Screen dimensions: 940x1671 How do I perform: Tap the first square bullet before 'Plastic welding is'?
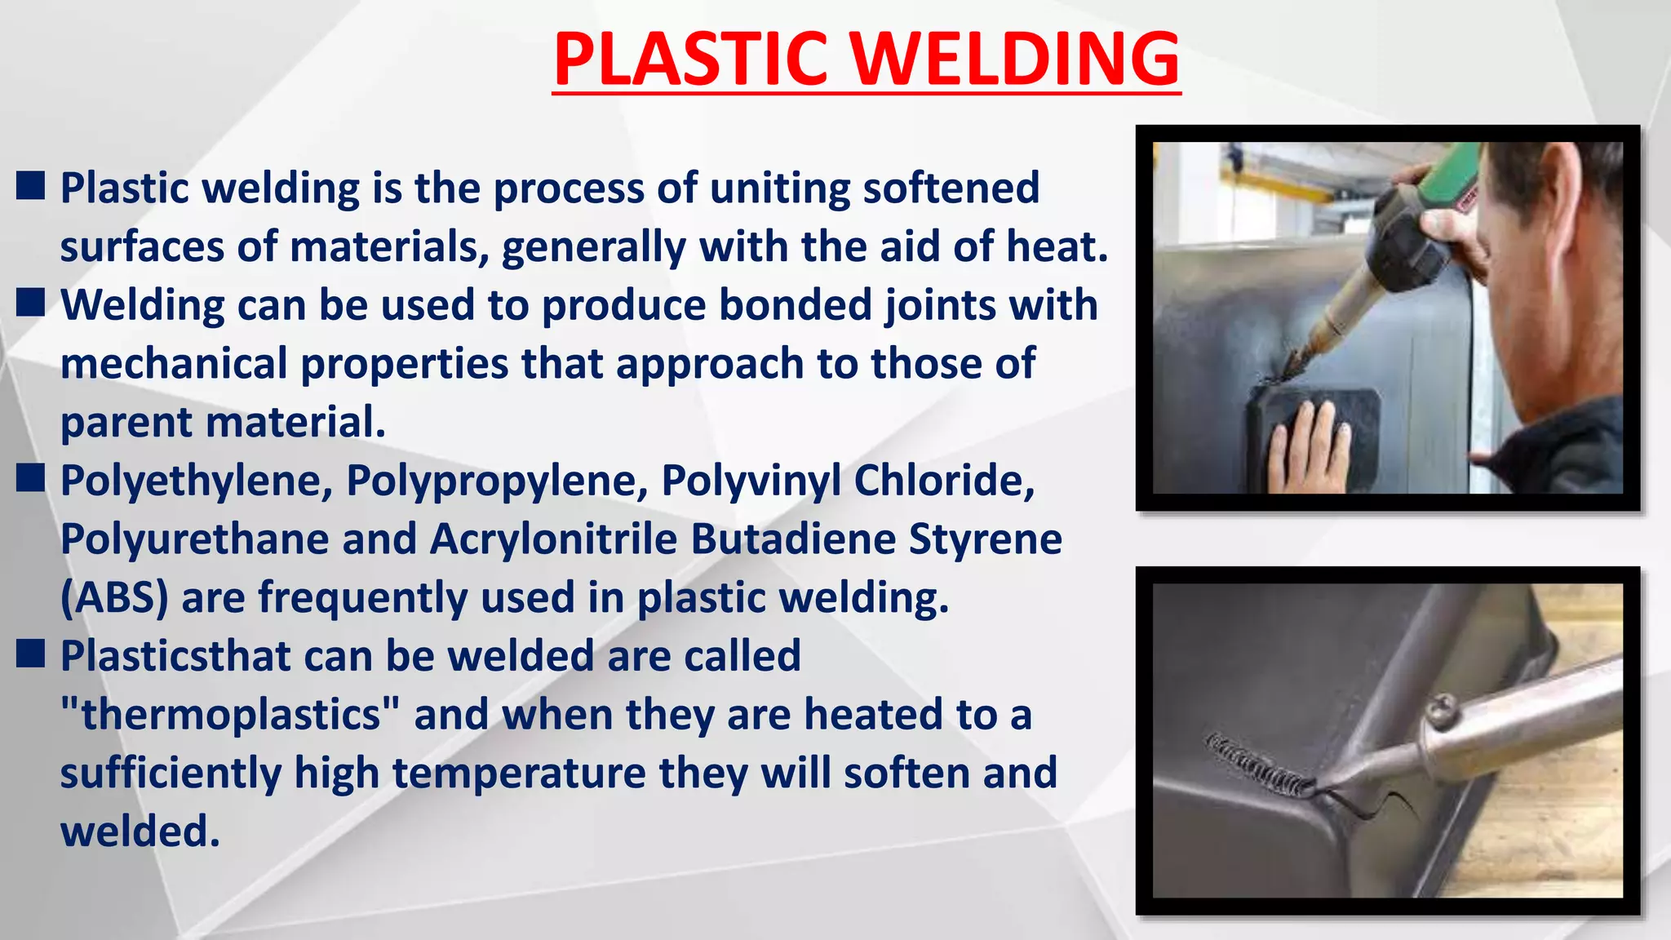tap(30, 186)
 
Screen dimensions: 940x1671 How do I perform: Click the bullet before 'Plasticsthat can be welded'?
tap(30, 654)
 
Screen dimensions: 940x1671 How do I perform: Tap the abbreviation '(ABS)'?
tap(114, 597)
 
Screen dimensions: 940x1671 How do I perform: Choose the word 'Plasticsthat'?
tap(175, 656)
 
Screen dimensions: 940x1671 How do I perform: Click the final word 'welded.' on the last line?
tap(140, 831)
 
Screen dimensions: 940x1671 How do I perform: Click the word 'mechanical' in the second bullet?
tap(174, 363)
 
